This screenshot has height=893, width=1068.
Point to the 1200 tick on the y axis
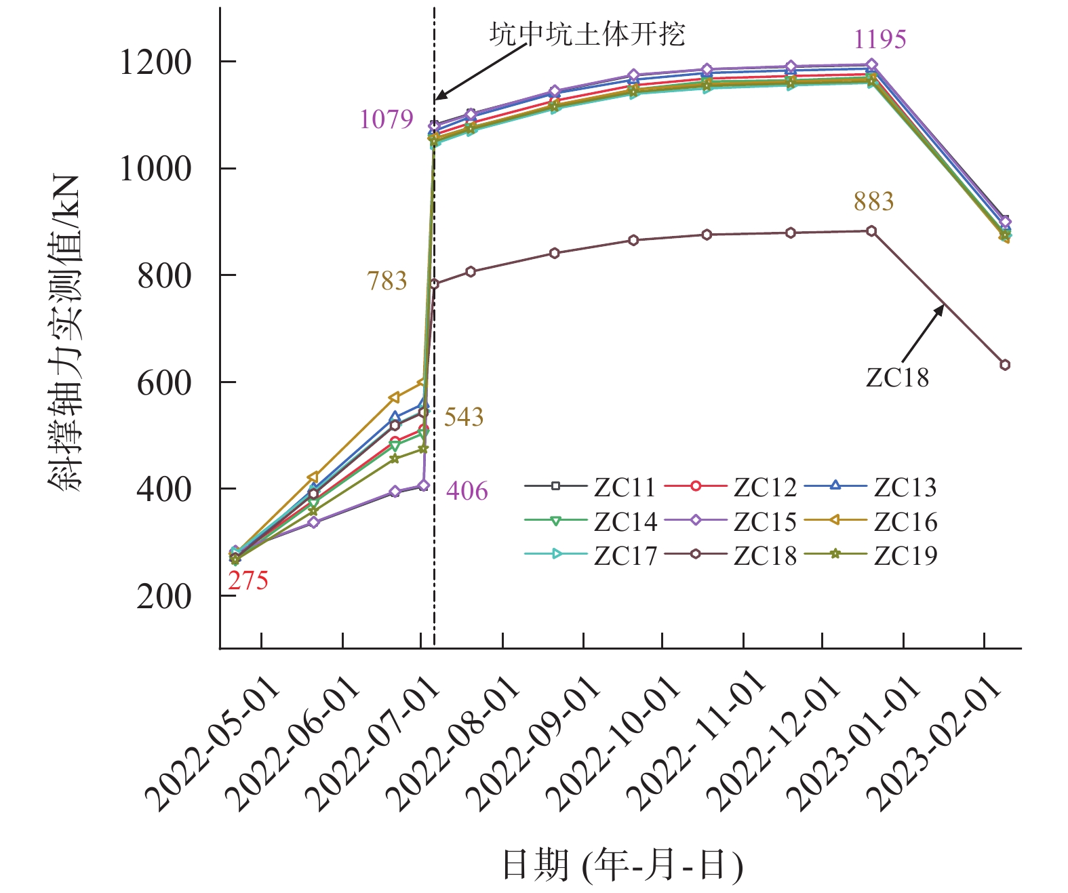coord(155,62)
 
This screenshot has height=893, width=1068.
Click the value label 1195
coord(879,39)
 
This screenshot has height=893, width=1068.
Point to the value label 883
coord(873,201)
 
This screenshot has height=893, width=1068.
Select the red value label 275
coord(248,580)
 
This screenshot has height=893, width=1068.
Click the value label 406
coord(467,491)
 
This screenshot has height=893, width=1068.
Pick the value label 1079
coord(386,119)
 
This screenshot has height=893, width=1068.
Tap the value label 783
coord(387,281)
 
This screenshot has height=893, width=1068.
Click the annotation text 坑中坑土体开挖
coord(587,34)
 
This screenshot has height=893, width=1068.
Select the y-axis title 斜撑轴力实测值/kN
coord(65,332)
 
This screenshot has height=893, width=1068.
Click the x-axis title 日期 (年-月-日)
coord(622,865)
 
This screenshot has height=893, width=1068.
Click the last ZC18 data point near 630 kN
coord(1005,365)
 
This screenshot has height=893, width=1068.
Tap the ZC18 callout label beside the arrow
coord(897,378)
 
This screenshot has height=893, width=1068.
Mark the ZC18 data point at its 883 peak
coord(871,231)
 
